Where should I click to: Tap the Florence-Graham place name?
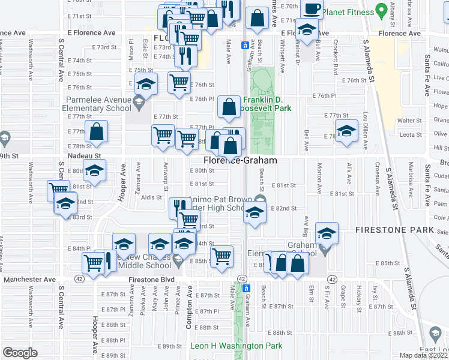(x=240, y=161)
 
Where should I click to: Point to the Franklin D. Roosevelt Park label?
(x=267, y=104)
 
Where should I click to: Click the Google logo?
(x=20, y=352)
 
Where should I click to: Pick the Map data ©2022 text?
(x=424, y=355)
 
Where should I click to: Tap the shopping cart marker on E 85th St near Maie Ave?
(x=221, y=256)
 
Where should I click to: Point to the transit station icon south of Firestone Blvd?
(x=245, y=289)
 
